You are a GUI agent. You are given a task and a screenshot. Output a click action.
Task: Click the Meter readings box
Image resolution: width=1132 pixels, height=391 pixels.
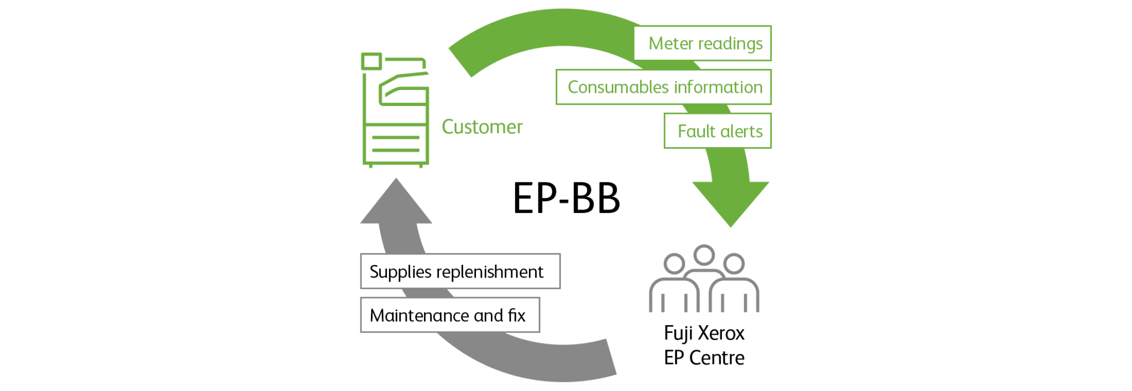702,43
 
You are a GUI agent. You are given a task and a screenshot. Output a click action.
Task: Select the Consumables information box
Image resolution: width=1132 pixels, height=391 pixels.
663,87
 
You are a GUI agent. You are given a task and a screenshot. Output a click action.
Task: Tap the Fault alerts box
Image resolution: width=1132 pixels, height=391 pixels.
717,131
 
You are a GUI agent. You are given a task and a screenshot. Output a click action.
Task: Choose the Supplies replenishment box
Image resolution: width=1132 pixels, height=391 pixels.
460,271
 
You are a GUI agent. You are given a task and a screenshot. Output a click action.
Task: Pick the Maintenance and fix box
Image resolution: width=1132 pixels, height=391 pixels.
450,315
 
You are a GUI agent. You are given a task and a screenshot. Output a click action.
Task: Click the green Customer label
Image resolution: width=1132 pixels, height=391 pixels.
482,127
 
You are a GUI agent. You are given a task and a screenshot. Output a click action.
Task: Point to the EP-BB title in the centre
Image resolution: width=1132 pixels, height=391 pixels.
567,198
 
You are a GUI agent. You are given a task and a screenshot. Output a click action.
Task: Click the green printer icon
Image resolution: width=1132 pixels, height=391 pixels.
395,110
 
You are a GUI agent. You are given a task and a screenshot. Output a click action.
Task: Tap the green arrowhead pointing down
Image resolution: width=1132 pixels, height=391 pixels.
730,202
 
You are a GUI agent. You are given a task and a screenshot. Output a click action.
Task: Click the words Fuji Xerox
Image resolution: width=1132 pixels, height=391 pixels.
704,333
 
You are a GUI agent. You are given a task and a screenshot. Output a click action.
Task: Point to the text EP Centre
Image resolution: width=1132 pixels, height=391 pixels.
704,358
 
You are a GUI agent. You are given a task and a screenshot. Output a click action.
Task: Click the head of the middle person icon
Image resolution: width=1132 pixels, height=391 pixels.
704,255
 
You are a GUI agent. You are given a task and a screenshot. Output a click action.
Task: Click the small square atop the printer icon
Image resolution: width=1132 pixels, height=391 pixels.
371,61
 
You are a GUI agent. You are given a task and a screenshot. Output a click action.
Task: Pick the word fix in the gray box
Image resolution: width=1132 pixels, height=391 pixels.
517,315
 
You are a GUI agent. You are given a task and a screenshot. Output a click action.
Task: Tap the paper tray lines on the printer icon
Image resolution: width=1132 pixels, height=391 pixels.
396,143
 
